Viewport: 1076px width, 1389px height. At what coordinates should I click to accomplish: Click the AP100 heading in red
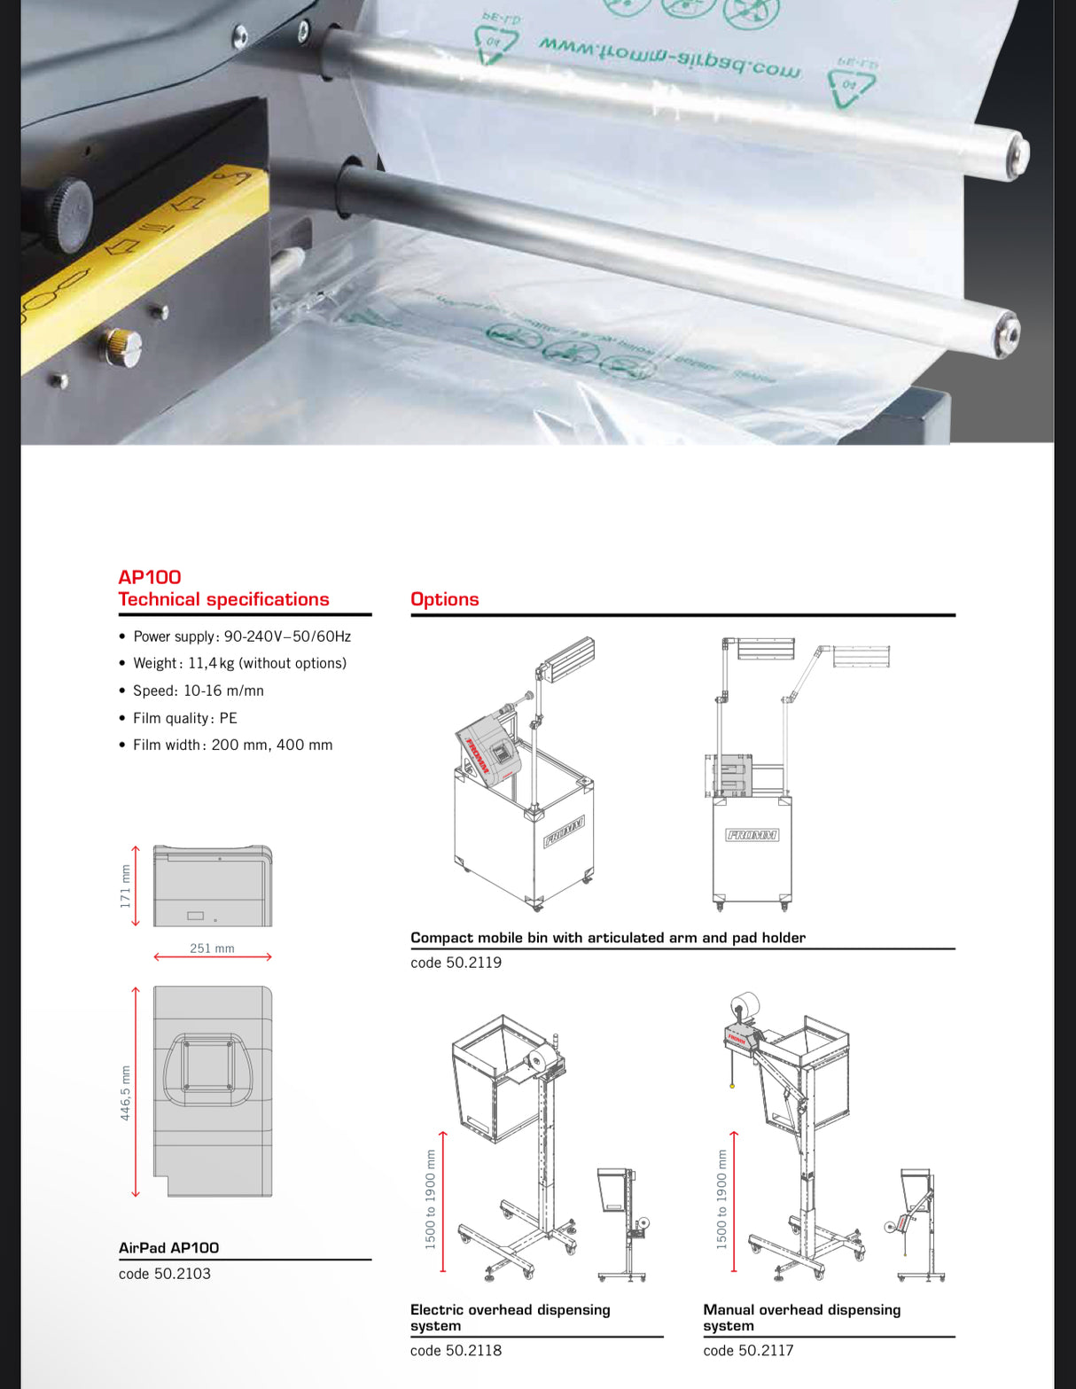[x=150, y=577]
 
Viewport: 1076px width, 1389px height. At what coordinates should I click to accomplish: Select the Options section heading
[x=444, y=599]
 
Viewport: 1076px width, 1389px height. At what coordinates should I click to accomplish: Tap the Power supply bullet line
[x=242, y=636]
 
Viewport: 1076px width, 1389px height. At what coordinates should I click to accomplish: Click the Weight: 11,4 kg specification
[x=239, y=663]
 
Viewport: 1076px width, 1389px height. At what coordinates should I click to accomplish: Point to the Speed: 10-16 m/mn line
[x=198, y=691]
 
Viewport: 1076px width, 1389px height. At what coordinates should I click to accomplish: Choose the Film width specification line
[x=232, y=745]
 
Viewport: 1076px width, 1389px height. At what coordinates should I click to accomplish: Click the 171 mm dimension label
[x=125, y=886]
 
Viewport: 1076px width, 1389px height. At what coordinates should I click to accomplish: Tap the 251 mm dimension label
[x=212, y=948]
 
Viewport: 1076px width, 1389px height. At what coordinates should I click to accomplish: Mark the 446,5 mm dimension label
[x=125, y=1092]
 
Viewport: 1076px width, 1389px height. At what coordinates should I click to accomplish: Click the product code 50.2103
[x=165, y=1274]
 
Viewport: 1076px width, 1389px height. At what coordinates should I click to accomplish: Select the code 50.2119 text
[x=456, y=963]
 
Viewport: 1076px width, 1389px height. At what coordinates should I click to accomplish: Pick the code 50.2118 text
[x=456, y=1351]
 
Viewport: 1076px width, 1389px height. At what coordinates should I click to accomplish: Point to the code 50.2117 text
[x=748, y=1351]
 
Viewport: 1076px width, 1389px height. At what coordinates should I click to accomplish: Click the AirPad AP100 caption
[x=168, y=1248]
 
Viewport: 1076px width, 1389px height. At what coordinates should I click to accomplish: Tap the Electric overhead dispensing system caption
[x=510, y=1317]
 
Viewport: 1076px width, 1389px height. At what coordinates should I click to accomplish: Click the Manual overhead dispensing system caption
[x=801, y=1317]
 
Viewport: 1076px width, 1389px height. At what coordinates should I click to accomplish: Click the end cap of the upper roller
[x=1017, y=154]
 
